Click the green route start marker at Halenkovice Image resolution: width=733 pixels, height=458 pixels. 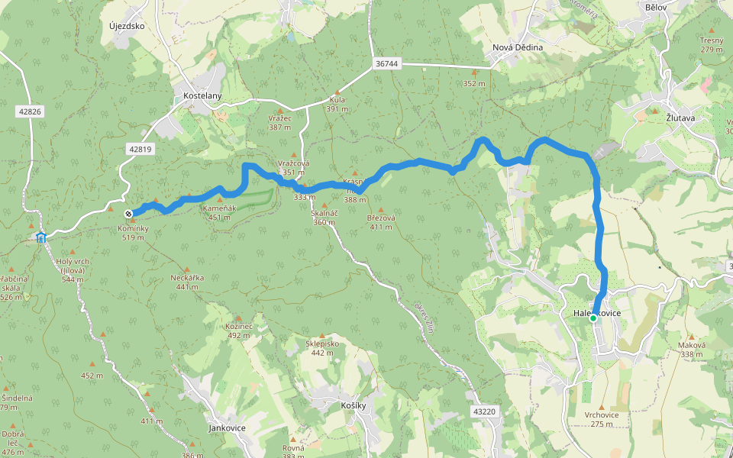tap(593, 318)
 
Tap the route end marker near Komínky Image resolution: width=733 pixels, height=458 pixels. tap(129, 214)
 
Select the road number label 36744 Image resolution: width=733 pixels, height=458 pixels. tap(387, 63)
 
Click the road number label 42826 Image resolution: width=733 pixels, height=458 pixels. tap(28, 111)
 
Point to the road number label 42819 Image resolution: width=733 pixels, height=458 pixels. tap(140, 149)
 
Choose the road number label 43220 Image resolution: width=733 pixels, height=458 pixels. tap(484, 411)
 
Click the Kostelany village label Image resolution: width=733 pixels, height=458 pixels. tap(202, 96)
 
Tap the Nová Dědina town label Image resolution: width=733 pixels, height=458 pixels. tap(518, 47)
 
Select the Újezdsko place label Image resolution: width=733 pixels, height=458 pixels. tap(127, 26)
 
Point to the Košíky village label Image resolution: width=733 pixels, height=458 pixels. tap(354, 406)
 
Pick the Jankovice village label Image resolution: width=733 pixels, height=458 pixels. tap(227, 428)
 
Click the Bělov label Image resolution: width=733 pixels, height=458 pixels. tap(656, 7)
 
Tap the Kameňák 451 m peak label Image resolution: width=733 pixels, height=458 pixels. tap(219, 212)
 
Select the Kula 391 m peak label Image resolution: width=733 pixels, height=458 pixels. tap(337, 104)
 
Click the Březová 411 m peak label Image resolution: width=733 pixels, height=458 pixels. tap(381, 222)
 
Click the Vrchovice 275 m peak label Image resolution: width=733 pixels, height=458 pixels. tap(602, 419)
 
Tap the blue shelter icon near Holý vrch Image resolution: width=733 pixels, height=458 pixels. tap(40, 237)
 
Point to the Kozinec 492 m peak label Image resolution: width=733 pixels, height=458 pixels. tap(238, 331)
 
